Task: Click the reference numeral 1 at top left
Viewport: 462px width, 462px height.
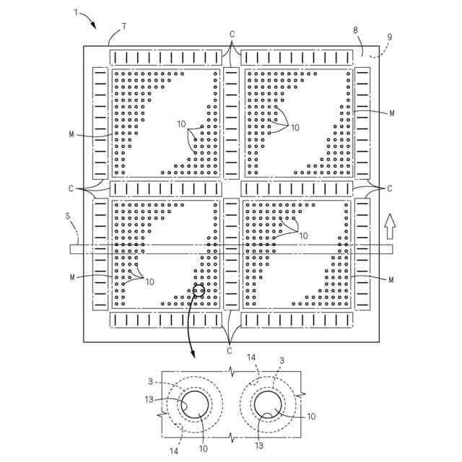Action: click(x=76, y=13)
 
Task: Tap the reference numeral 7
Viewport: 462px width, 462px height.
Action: click(x=123, y=27)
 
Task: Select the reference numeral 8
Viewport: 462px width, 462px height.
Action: click(x=356, y=30)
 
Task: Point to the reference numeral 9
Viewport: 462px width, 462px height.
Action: click(x=390, y=38)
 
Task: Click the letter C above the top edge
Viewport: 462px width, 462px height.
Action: click(x=232, y=35)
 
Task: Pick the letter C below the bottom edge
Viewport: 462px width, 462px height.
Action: click(x=230, y=350)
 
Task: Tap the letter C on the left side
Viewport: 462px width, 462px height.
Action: click(x=71, y=188)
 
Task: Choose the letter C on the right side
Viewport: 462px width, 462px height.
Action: click(x=390, y=188)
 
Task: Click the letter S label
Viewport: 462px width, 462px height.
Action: click(x=68, y=217)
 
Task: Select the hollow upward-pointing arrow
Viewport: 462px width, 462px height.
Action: click(x=390, y=226)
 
